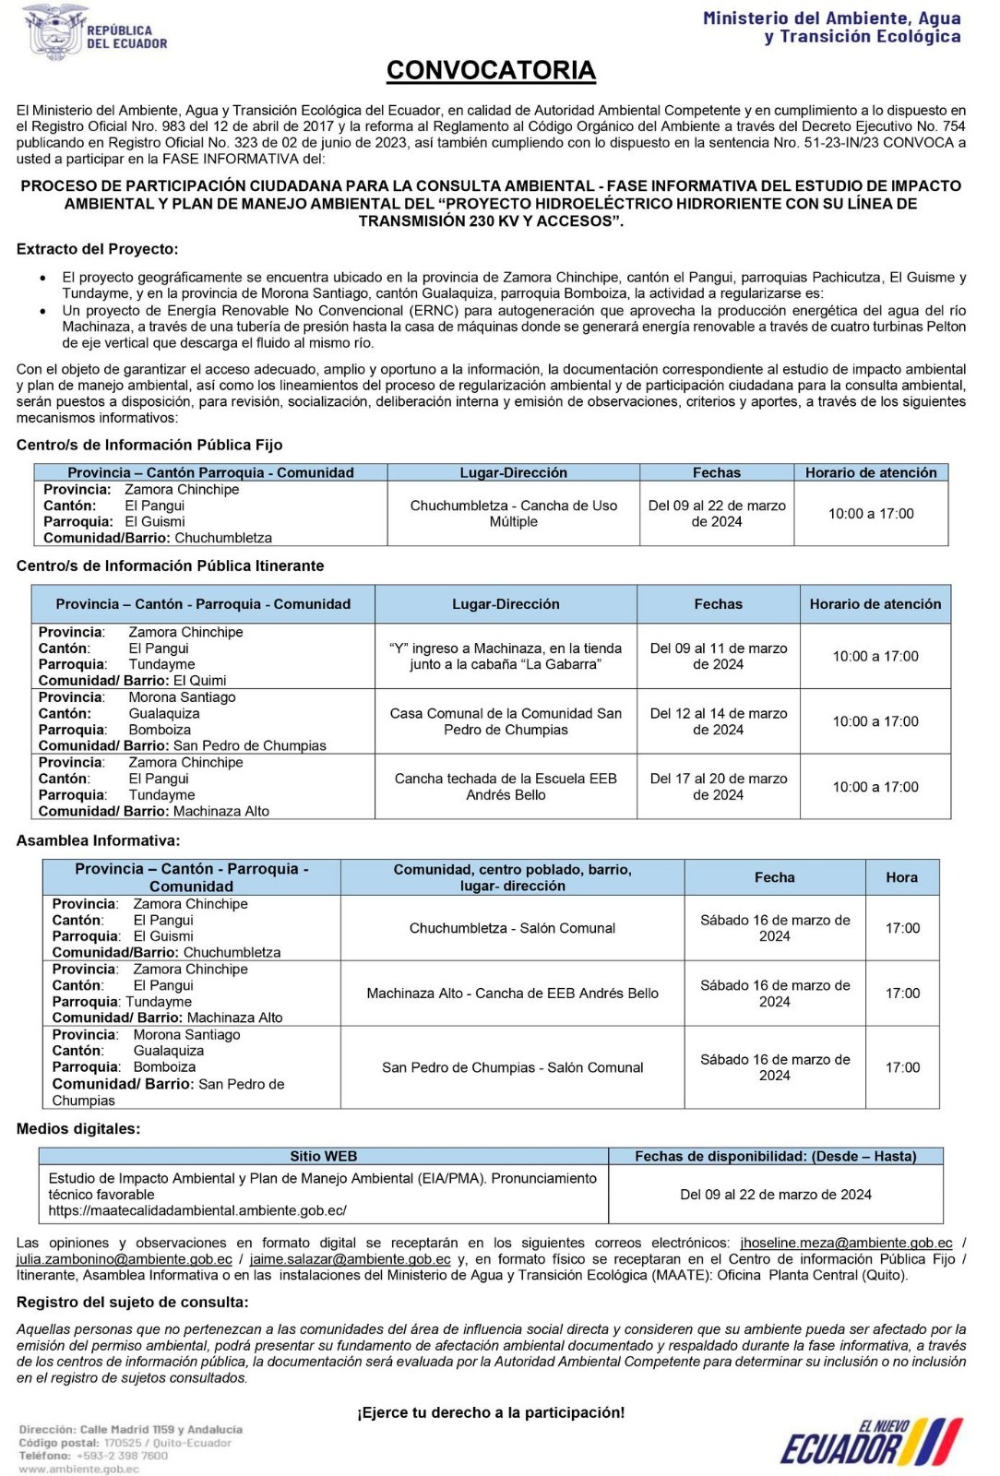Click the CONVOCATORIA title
coord(491,70)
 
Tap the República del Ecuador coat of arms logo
coord(54,32)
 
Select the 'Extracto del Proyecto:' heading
coord(98,249)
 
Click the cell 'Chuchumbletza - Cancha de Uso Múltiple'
coord(513,514)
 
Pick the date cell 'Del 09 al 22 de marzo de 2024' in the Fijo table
coord(717,514)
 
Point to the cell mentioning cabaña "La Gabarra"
coord(506,656)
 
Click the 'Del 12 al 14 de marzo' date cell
coord(718,721)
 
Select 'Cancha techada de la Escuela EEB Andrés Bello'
coord(506,787)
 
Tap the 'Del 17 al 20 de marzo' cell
coord(718,787)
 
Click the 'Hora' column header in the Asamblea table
coord(901,877)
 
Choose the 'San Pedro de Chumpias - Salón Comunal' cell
coord(512,1067)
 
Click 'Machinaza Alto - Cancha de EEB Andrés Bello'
coord(512,994)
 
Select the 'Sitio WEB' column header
coord(323,1156)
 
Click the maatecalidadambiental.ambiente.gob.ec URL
coord(197,1210)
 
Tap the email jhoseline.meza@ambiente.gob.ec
coord(846,1243)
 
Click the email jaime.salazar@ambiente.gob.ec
coord(350,1259)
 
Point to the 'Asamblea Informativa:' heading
coord(98,840)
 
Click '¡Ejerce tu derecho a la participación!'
coord(491,1412)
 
